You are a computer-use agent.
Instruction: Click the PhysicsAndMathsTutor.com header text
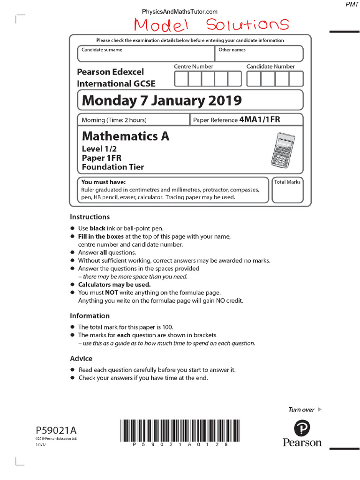point(180,11)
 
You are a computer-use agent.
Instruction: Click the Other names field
point(259,53)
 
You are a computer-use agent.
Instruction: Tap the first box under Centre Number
point(181,79)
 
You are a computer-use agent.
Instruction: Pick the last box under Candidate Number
point(296,79)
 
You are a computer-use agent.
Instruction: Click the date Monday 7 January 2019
point(162,100)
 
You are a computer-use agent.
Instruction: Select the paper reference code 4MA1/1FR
point(260,120)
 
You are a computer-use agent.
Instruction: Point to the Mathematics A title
point(125,136)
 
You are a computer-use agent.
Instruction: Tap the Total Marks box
point(287,190)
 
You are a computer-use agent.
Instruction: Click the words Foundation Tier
point(112,167)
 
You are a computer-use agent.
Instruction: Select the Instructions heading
point(90,217)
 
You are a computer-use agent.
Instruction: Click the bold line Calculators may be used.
point(114,285)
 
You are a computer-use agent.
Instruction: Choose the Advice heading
point(81,359)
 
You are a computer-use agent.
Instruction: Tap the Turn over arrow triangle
point(320,409)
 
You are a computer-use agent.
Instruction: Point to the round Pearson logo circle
point(302,428)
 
